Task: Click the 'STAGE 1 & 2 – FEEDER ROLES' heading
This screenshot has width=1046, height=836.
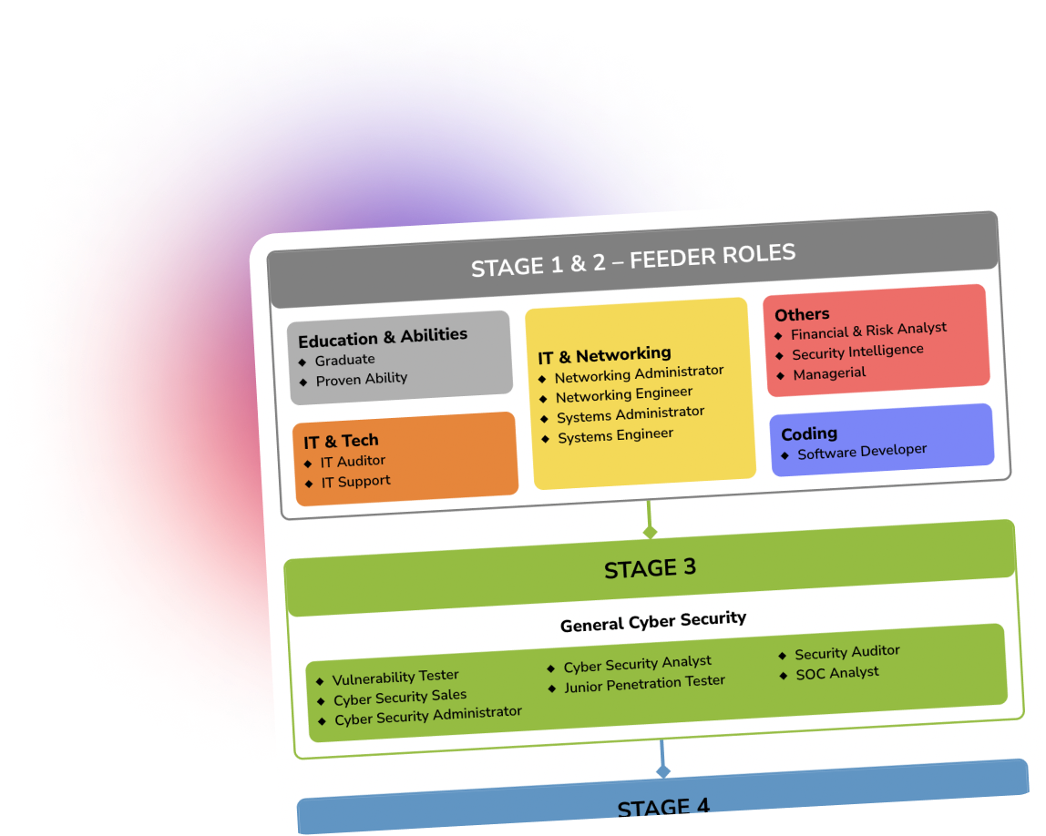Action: (633, 260)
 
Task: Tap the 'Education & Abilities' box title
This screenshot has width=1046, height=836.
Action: (383, 337)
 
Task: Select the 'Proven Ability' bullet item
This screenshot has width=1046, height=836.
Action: (362, 379)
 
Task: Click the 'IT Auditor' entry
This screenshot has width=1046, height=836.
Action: (353, 462)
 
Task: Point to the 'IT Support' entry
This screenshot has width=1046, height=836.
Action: (356, 482)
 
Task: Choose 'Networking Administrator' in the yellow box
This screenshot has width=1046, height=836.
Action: (639, 374)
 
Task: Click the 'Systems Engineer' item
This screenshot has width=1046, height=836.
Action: (616, 436)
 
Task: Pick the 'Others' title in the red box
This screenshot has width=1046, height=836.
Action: (802, 314)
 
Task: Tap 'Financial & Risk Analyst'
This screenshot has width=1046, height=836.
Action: (868, 331)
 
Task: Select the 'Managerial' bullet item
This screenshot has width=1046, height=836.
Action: (829, 373)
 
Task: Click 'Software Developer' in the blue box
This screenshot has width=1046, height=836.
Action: (862, 452)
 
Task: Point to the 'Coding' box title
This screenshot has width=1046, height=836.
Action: (809, 434)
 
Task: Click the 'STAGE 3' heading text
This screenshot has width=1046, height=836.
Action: (650, 568)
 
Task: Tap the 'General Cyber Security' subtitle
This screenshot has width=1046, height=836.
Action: (653, 621)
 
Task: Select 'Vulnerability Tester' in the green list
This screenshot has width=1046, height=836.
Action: (395, 678)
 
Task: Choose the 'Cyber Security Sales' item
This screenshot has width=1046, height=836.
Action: (400, 698)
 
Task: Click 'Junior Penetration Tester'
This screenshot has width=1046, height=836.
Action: (644, 683)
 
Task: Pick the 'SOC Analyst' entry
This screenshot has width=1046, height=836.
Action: (837, 673)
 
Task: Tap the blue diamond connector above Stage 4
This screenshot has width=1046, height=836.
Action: (663, 771)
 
